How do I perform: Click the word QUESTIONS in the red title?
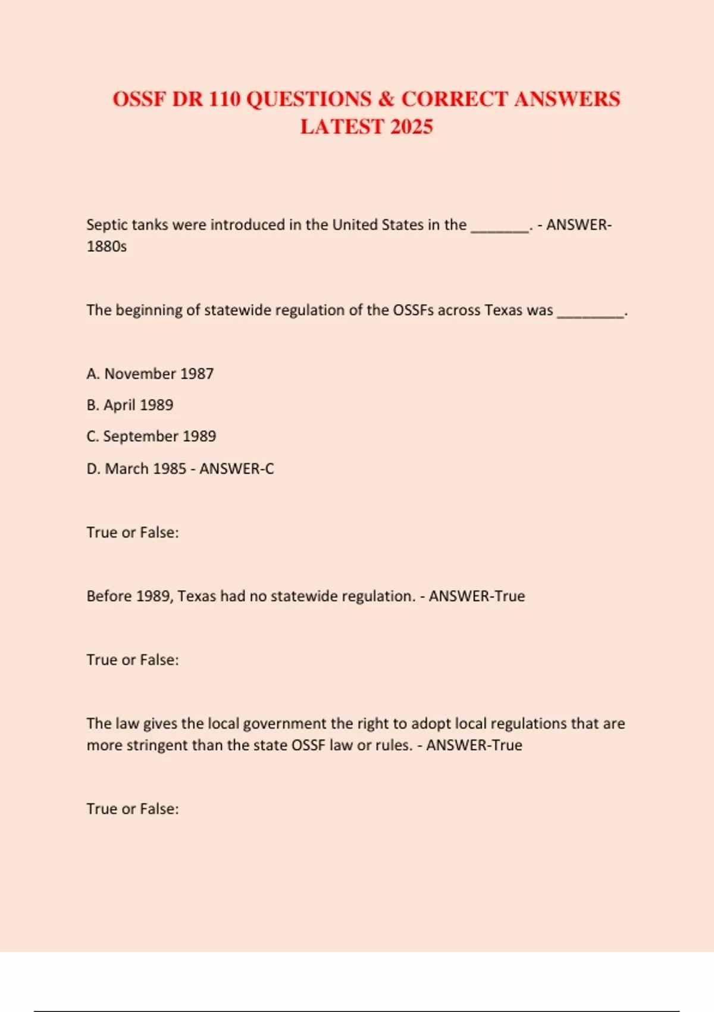[x=308, y=99]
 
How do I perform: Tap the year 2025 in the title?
[x=411, y=127]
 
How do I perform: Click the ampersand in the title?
[x=386, y=99]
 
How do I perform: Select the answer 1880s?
[x=107, y=246]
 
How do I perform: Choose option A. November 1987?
[x=150, y=374]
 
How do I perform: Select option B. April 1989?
[x=130, y=405]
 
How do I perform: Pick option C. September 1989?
[x=151, y=436]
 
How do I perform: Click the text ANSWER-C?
[x=237, y=469]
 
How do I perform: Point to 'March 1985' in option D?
[x=146, y=469]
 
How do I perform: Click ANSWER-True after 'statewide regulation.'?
[x=477, y=596]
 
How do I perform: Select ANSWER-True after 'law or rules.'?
[x=474, y=745]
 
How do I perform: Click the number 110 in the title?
[x=224, y=99]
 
